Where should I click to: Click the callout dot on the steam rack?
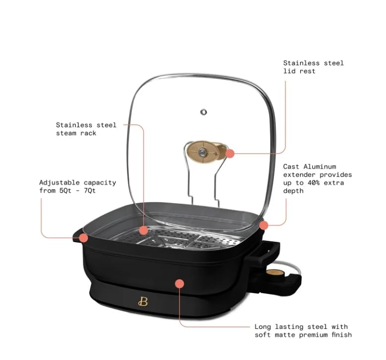click(143, 230)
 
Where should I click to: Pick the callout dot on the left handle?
click(84, 238)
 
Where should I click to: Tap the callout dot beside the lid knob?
click(230, 154)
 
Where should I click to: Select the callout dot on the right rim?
click(264, 225)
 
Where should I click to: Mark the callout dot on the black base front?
click(179, 284)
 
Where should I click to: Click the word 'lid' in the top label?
click(289, 71)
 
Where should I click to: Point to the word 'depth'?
click(293, 191)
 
